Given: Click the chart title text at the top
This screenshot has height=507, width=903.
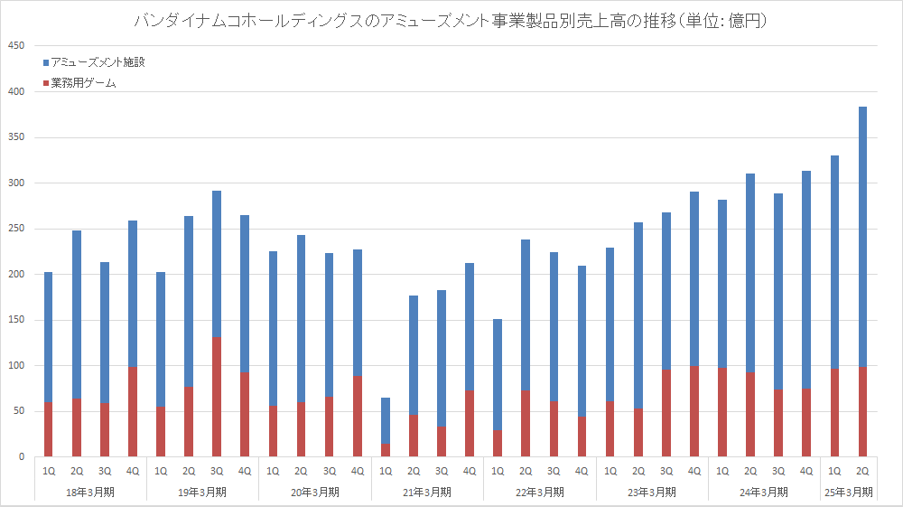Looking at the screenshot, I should click(451, 20).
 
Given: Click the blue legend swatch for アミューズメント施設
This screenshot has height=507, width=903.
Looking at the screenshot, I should click(47, 62).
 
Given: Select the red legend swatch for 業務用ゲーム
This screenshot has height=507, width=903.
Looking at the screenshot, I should click(47, 83).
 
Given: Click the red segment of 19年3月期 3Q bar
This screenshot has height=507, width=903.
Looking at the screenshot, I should click(217, 398).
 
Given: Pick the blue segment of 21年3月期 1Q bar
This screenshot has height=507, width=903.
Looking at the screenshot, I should click(385, 421).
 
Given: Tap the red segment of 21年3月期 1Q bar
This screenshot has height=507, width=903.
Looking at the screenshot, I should click(385, 451).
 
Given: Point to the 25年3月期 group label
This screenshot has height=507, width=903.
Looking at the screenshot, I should click(848, 493).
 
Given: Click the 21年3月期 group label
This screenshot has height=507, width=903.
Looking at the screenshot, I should click(426, 493).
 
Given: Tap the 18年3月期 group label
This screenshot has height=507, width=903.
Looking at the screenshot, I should click(90, 493).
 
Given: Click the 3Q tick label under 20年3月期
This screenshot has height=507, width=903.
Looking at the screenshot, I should click(329, 470).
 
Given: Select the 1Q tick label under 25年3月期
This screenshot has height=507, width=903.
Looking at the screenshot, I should click(834, 470).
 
